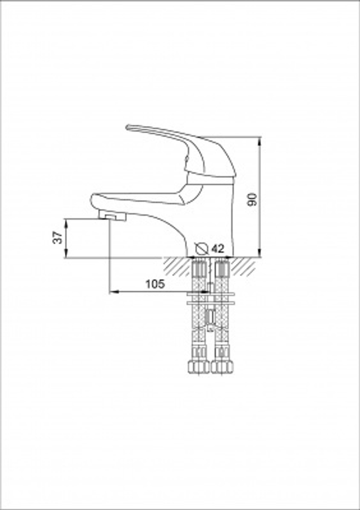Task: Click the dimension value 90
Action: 252,200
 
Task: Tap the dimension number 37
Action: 57,238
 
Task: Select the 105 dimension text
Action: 155,284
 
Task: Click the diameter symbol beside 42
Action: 202,249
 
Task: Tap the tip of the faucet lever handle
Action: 127,127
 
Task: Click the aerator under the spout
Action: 112,215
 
